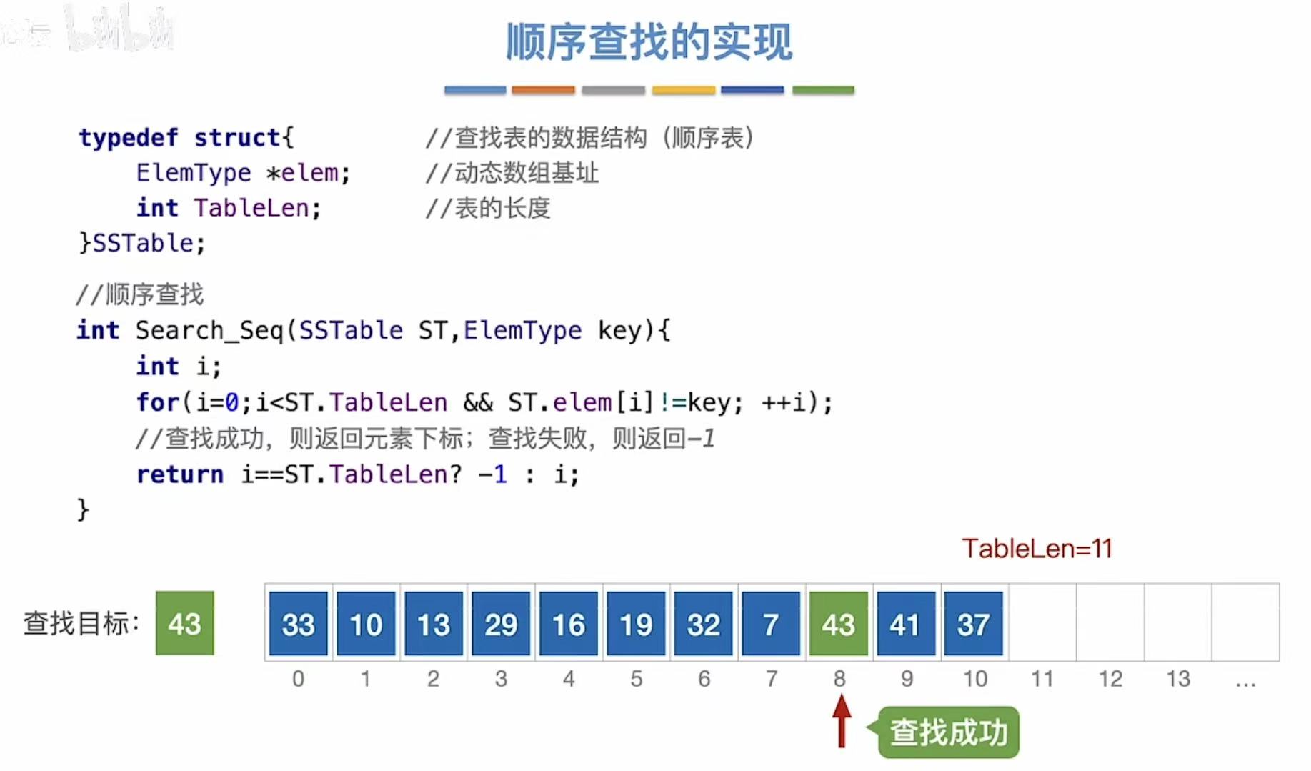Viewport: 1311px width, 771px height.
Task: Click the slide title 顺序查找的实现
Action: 649,42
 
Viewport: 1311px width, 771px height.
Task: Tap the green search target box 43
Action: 184,623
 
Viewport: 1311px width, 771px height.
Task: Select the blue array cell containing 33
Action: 298,624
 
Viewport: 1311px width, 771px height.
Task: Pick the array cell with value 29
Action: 500,624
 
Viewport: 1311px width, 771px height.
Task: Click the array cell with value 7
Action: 770,624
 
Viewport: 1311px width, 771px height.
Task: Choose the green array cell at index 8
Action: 838,624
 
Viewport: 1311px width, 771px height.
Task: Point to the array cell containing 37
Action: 973,624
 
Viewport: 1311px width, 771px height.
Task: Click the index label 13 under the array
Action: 1177,678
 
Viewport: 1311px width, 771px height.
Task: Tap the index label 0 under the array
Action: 298,678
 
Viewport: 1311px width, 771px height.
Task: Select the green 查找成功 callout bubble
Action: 948,732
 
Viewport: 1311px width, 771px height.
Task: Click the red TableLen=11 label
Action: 1037,549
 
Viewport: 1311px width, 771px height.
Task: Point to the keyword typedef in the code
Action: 128,137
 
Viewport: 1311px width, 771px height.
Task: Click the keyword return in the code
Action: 179,474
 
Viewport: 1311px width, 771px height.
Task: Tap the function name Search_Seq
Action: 209,330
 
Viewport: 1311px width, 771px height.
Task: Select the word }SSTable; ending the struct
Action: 142,243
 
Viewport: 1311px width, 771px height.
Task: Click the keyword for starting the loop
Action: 158,402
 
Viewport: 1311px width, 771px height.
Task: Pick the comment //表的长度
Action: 488,208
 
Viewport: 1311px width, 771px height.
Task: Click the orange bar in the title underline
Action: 543,90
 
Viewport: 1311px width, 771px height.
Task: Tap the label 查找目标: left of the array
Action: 81,623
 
